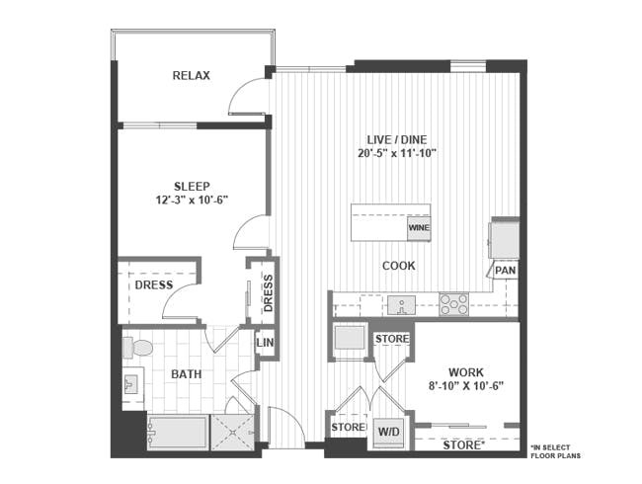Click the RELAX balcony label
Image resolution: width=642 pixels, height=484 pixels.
point(191,76)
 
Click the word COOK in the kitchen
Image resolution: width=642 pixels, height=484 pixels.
point(399,266)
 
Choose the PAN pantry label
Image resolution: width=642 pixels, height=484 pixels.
point(505,270)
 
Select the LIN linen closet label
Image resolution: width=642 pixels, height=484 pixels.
point(265,343)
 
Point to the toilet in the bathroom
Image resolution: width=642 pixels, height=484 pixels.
point(138,348)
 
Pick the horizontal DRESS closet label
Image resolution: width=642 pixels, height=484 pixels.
point(154,285)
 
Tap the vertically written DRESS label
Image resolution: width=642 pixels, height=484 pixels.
point(268,291)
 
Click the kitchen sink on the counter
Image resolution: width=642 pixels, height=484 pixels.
point(400,304)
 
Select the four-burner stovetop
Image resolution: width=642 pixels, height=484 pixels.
point(453,304)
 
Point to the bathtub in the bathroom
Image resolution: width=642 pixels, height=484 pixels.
point(177,433)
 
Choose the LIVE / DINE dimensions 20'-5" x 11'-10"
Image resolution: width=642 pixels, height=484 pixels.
point(396,153)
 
